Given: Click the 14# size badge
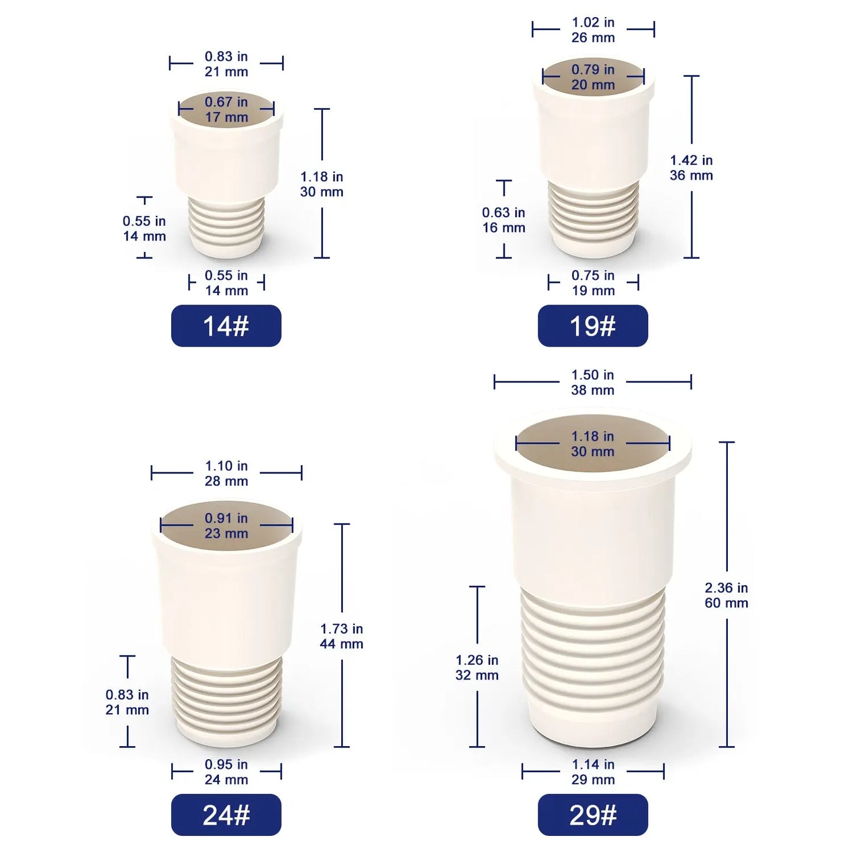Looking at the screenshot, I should (x=226, y=326).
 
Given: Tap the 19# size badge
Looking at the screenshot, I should (x=593, y=326).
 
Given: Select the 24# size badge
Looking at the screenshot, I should (x=226, y=815).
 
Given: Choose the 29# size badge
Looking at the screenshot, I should (x=593, y=815).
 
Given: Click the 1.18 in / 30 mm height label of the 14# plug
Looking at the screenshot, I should (x=322, y=184).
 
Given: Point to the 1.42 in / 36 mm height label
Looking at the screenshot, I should (x=691, y=168).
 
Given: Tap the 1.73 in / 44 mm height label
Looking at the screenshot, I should (x=342, y=636).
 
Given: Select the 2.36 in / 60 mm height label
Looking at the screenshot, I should (x=727, y=595).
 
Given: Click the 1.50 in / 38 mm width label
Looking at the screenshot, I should (x=593, y=383).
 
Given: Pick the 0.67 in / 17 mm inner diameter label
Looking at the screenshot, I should (x=226, y=109).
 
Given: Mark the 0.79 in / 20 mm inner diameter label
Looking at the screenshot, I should (x=593, y=77).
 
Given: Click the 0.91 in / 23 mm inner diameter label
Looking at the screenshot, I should (x=226, y=525).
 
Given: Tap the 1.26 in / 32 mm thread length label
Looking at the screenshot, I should (x=477, y=668).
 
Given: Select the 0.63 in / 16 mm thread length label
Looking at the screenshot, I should (x=504, y=220).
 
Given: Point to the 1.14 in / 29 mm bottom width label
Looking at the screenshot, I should (x=593, y=772).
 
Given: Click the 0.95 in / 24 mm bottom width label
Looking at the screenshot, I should (x=226, y=772).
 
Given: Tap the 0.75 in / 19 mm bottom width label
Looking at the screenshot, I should (x=593, y=283).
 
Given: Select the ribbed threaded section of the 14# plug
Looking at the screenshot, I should (x=226, y=221).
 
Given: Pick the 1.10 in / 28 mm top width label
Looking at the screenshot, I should (x=226, y=473).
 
